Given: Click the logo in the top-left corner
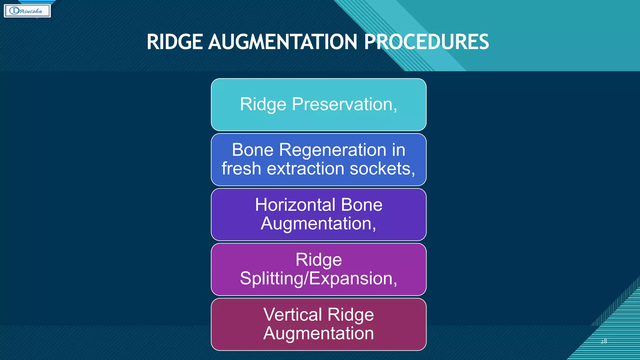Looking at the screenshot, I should [x=27, y=11].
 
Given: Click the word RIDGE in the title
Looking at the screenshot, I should [x=175, y=42].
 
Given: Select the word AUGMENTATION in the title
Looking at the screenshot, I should [x=283, y=42].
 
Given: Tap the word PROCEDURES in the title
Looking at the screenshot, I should [x=426, y=42].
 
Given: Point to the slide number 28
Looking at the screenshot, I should [x=604, y=341].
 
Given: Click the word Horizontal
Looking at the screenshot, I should [x=295, y=205].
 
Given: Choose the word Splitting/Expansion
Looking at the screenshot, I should [x=318, y=278].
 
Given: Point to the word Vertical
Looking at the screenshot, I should [x=292, y=314].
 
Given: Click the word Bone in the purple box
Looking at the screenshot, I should [x=362, y=205].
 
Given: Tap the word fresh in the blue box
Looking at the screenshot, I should [x=241, y=168].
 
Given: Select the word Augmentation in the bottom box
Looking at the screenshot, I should [x=318, y=333].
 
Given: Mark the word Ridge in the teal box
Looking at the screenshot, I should [x=263, y=104].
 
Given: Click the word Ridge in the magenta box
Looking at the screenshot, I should [x=318, y=260].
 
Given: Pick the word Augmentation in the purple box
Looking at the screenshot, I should [x=318, y=223].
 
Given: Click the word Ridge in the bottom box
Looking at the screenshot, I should [x=351, y=314].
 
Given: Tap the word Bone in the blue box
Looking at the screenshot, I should [x=252, y=150].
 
